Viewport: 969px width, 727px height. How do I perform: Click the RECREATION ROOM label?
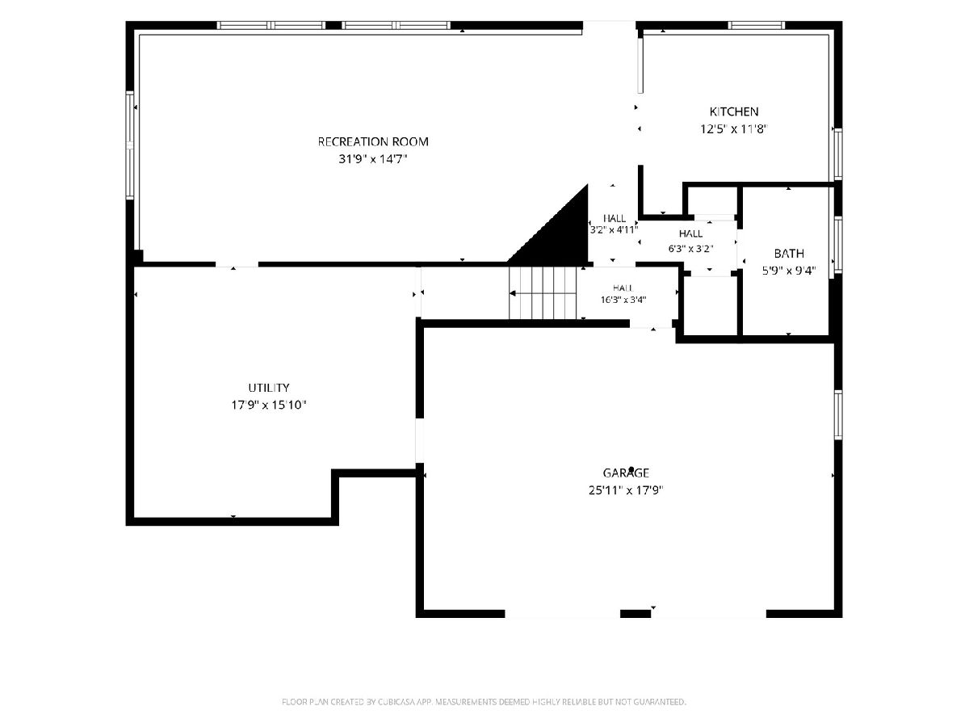pos(373,141)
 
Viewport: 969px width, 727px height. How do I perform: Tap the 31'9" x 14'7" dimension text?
pos(372,159)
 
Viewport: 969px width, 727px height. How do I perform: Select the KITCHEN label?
pos(734,111)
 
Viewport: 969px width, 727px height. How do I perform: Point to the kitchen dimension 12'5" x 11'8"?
pos(734,129)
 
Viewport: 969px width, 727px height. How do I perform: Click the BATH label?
pos(789,254)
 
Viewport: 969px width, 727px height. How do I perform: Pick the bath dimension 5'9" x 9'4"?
pos(789,271)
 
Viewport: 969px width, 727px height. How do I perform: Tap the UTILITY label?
pos(269,388)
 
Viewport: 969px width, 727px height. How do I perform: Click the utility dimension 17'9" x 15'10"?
pos(269,405)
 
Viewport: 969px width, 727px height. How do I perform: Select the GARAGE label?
pos(626,473)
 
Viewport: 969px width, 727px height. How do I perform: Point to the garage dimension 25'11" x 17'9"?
pos(626,490)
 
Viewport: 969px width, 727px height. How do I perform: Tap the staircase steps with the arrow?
pos(543,292)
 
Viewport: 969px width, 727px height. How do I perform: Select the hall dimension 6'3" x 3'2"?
pos(691,249)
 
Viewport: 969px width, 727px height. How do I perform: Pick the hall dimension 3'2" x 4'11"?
pos(614,230)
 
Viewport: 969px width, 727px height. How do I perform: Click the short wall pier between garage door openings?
pos(636,614)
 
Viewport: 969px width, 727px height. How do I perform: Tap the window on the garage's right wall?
pos(838,415)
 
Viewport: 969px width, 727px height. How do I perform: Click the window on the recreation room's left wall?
pos(130,145)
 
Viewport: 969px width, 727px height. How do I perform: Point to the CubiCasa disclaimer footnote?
pos(484,702)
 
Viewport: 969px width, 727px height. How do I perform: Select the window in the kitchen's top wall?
pos(756,26)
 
